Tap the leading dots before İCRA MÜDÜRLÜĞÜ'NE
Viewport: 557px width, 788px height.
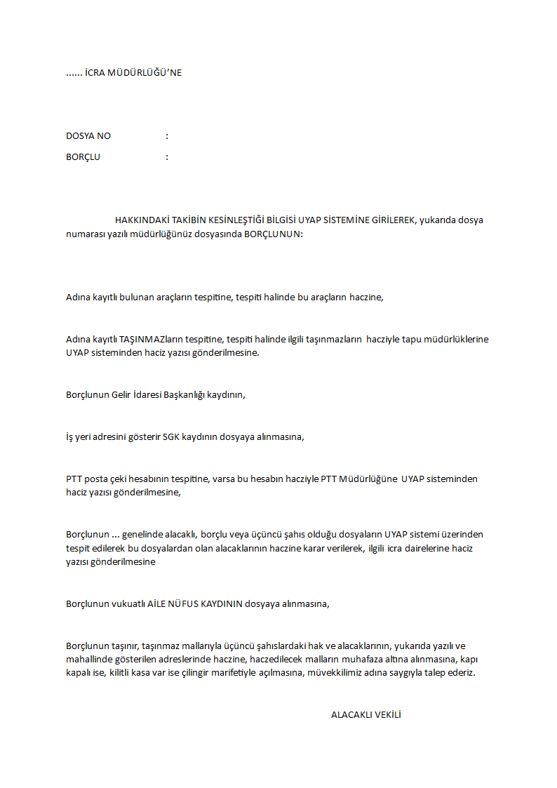[x=74, y=73]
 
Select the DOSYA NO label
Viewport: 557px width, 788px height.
[x=88, y=136]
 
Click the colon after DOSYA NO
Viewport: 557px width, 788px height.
[x=167, y=136]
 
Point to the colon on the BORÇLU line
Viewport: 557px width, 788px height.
[x=167, y=157]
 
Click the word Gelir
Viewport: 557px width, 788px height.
[x=122, y=394]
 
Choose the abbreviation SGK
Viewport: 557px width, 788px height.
[x=171, y=436]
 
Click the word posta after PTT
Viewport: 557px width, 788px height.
[x=97, y=479]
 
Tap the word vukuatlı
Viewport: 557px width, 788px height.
[x=128, y=603]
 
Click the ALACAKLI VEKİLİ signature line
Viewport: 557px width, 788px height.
[x=365, y=714]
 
